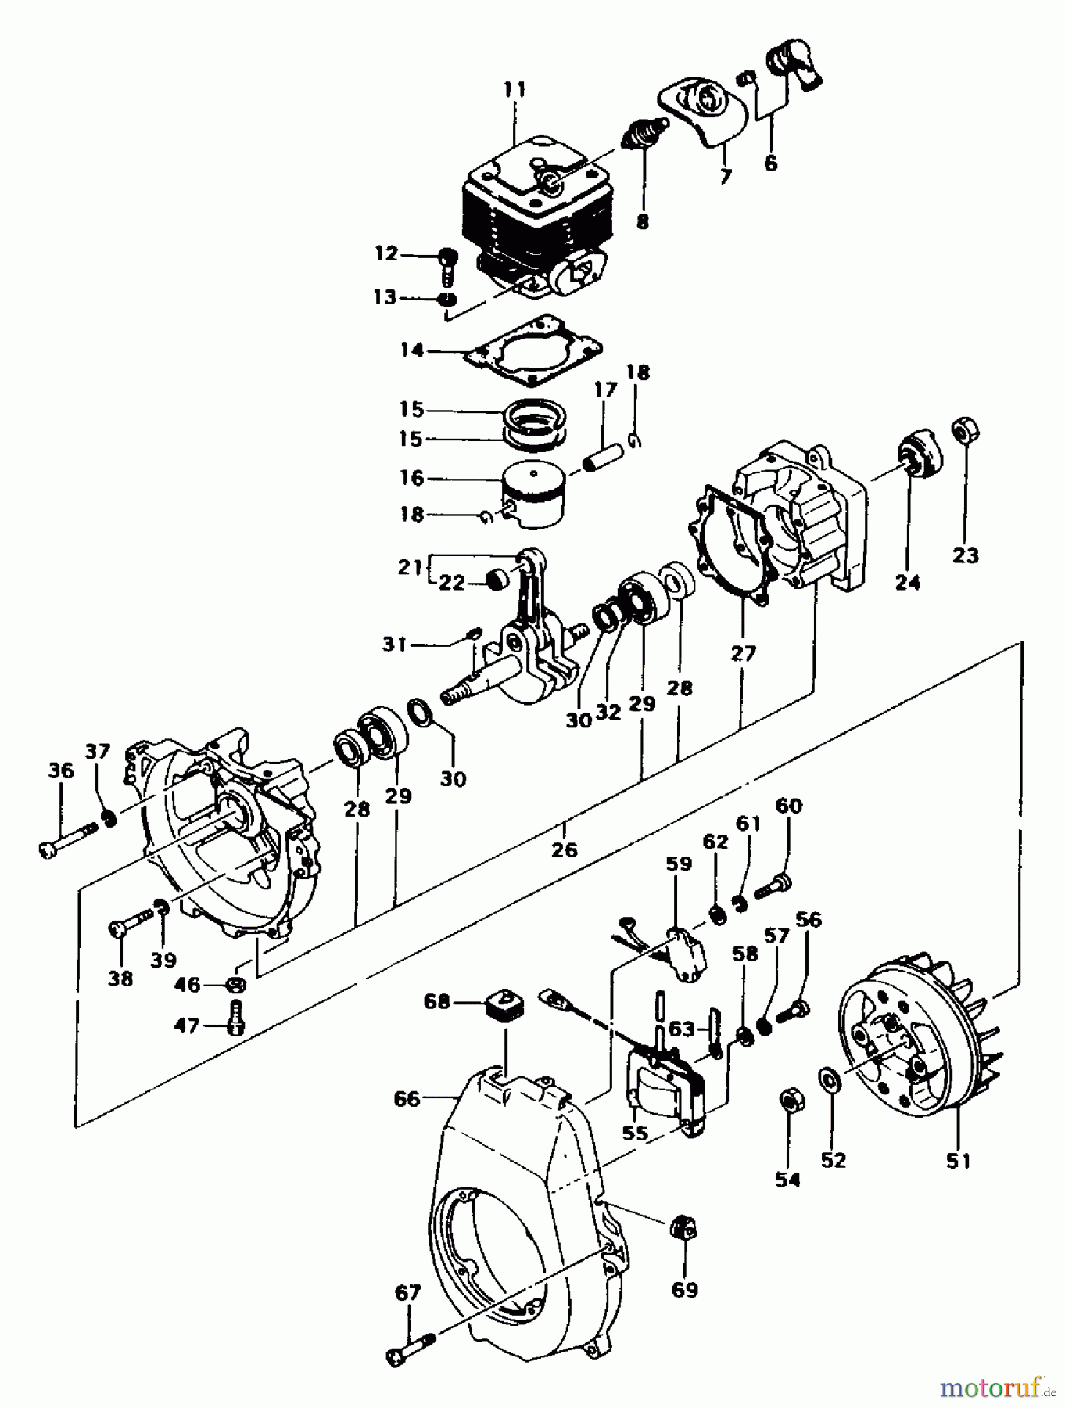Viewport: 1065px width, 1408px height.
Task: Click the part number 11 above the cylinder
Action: pyautogui.click(x=515, y=89)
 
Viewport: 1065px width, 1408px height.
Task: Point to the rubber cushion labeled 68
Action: pyautogui.click(x=503, y=1004)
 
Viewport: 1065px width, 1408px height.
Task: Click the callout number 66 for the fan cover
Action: pyautogui.click(x=407, y=1099)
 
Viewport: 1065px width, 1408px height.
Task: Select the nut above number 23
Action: pyautogui.click(x=966, y=431)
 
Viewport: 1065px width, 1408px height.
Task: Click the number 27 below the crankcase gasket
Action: pyautogui.click(x=744, y=653)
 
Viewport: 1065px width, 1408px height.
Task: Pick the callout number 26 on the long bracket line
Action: pyautogui.click(x=565, y=849)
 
